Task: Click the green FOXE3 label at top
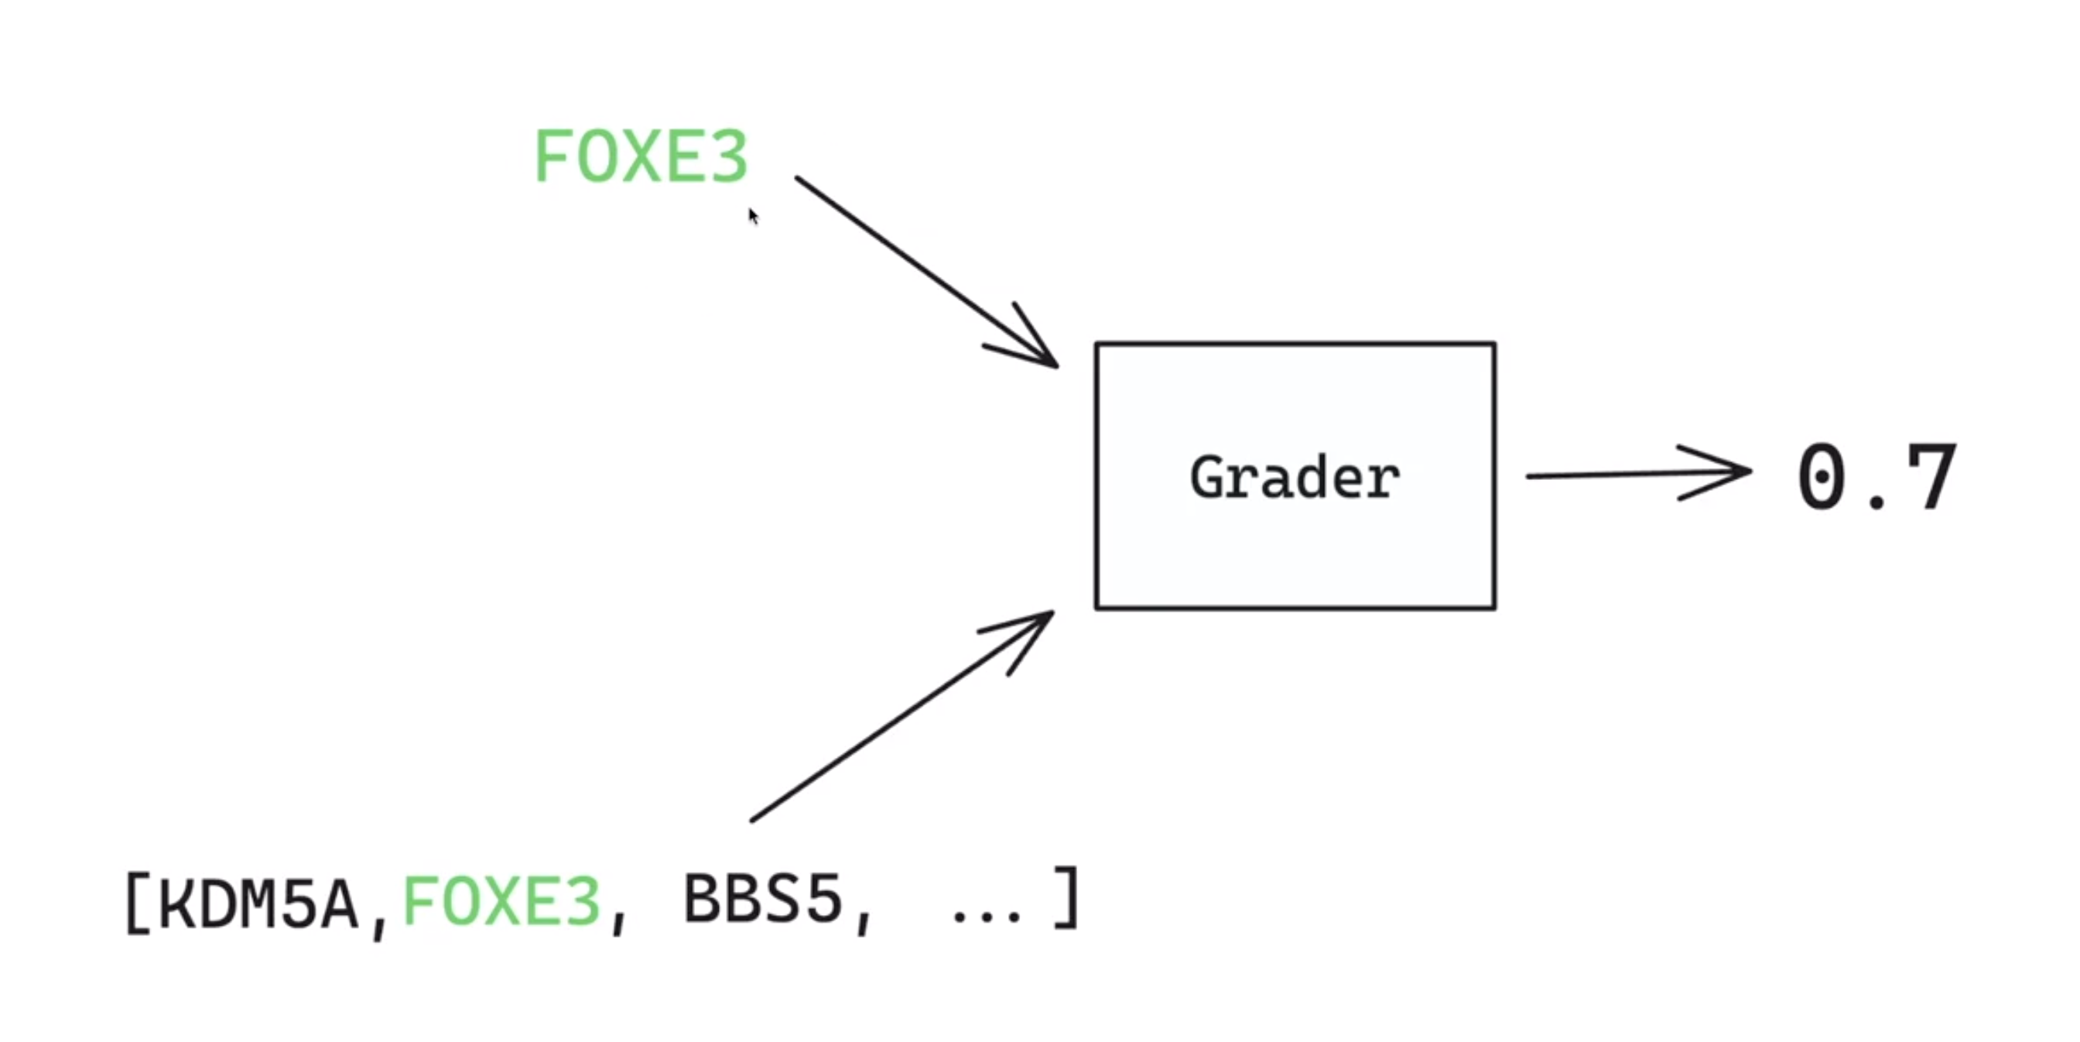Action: coord(641,156)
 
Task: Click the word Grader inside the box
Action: coord(1295,478)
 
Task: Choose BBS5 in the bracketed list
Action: coord(762,899)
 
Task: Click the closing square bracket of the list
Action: coord(1067,898)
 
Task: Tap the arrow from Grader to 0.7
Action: coord(1631,475)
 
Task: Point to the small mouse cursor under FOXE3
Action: coord(754,216)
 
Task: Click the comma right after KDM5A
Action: coord(378,929)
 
